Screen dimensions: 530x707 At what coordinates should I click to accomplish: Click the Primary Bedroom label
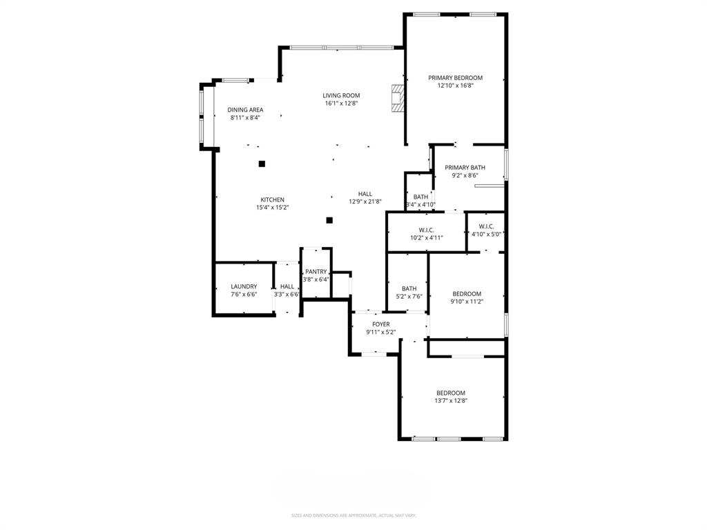point(455,78)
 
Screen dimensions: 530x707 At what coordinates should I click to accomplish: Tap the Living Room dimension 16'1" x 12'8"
point(341,104)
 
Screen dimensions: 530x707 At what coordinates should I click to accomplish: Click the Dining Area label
point(245,110)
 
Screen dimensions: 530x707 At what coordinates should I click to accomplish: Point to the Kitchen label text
point(272,199)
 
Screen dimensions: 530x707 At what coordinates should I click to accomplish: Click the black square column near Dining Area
point(262,164)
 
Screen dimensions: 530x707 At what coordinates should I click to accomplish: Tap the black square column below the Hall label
point(329,220)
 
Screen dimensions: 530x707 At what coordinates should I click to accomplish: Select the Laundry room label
point(244,286)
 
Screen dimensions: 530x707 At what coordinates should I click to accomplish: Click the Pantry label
point(316,272)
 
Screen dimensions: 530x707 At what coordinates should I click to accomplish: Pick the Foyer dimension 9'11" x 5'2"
point(380,332)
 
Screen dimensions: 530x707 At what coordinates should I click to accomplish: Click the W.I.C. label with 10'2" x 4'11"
point(426,230)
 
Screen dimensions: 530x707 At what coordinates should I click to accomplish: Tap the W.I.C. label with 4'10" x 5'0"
point(486,226)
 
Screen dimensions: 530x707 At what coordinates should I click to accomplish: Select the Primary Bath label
point(465,168)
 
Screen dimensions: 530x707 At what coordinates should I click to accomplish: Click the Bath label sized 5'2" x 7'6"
point(409,288)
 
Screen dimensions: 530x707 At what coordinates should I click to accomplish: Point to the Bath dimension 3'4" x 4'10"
point(420,204)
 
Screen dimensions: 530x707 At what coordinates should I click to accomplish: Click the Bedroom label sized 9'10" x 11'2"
point(466,294)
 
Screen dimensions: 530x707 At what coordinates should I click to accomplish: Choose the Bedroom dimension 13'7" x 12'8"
point(450,400)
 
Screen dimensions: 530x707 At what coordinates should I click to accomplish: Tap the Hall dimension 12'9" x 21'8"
point(365,202)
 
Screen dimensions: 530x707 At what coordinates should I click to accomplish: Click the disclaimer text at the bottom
point(353,516)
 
